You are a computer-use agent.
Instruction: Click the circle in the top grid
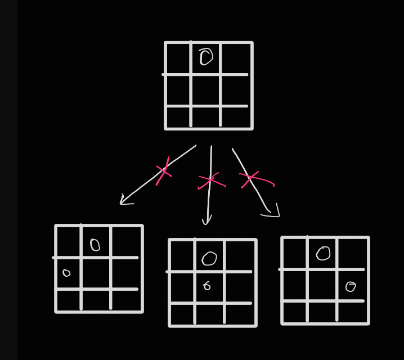pyautogui.click(x=206, y=57)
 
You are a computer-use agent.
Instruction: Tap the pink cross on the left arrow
pyautogui.click(x=163, y=170)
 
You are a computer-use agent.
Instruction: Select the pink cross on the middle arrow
pyautogui.click(x=210, y=180)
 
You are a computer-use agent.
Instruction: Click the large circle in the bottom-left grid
pyautogui.click(x=95, y=245)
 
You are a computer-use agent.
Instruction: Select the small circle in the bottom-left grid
pyautogui.click(x=66, y=273)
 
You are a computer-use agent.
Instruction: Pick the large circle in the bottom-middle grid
pyautogui.click(x=209, y=258)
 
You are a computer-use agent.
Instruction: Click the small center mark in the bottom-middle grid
pyautogui.click(x=207, y=286)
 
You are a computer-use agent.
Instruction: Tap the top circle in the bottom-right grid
pyautogui.click(x=323, y=254)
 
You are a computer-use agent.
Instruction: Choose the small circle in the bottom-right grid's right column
pyautogui.click(x=351, y=287)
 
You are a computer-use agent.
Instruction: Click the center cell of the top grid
pyautogui.click(x=205, y=90)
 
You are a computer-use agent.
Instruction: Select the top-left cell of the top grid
pyautogui.click(x=178, y=58)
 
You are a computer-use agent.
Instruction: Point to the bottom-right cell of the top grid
pyautogui.click(x=236, y=117)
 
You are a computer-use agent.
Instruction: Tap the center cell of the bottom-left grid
pyautogui.click(x=96, y=273)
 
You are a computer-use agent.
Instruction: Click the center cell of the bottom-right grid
pyautogui.click(x=322, y=285)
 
